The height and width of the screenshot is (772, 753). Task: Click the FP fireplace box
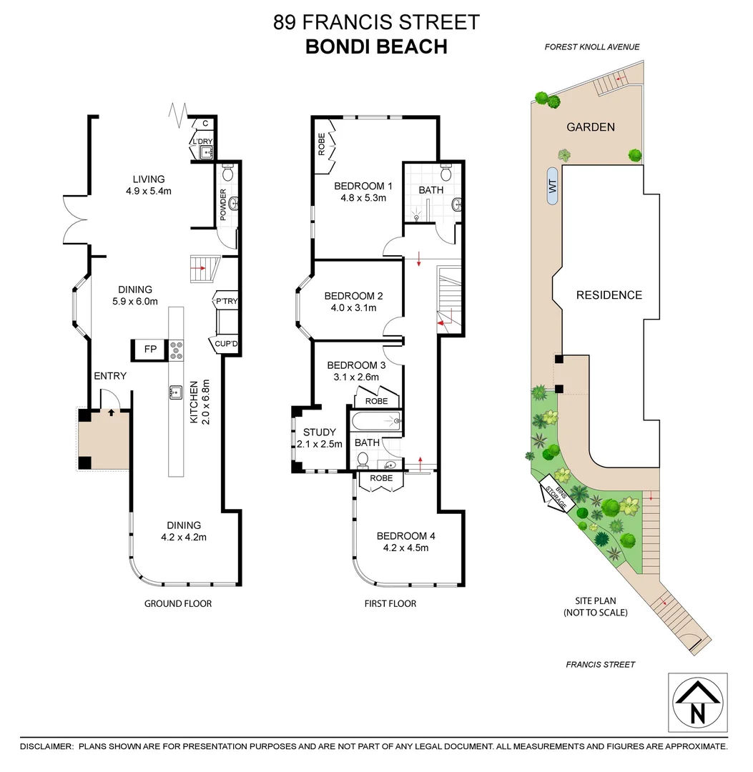(x=150, y=350)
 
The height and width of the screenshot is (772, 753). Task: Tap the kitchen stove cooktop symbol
(x=176, y=350)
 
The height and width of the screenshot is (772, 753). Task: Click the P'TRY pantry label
(x=226, y=302)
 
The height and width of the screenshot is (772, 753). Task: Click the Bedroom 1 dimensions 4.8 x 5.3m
(x=363, y=199)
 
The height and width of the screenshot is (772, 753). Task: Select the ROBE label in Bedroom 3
(x=376, y=402)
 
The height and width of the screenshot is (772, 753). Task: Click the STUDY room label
(x=319, y=432)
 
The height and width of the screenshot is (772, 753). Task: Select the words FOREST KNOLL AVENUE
(x=592, y=47)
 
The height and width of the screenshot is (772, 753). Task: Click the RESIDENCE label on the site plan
(x=609, y=295)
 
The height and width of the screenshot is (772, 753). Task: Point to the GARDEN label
(x=591, y=127)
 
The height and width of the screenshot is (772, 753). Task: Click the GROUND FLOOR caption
(x=178, y=603)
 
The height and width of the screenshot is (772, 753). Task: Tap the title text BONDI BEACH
(x=376, y=46)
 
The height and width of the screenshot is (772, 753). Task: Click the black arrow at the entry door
(x=111, y=412)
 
